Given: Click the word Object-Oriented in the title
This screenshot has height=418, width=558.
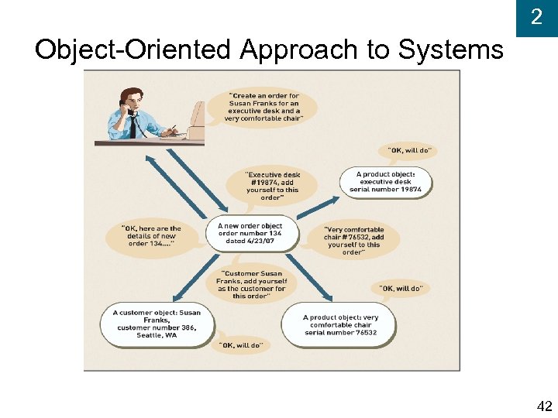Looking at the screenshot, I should (x=133, y=50).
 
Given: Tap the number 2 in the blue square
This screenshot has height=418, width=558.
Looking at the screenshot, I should (x=536, y=17).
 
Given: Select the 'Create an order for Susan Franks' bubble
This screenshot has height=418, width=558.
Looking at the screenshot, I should (x=263, y=107).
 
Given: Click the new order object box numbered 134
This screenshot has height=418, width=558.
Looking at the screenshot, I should (x=250, y=234).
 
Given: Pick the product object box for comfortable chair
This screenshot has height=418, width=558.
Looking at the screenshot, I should (x=339, y=324).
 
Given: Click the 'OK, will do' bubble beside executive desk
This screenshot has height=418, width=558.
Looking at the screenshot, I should (x=408, y=150).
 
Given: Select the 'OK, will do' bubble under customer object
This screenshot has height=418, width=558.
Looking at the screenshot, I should (x=240, y=345).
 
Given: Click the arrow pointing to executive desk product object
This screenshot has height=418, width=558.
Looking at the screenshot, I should (x=319, y=207).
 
